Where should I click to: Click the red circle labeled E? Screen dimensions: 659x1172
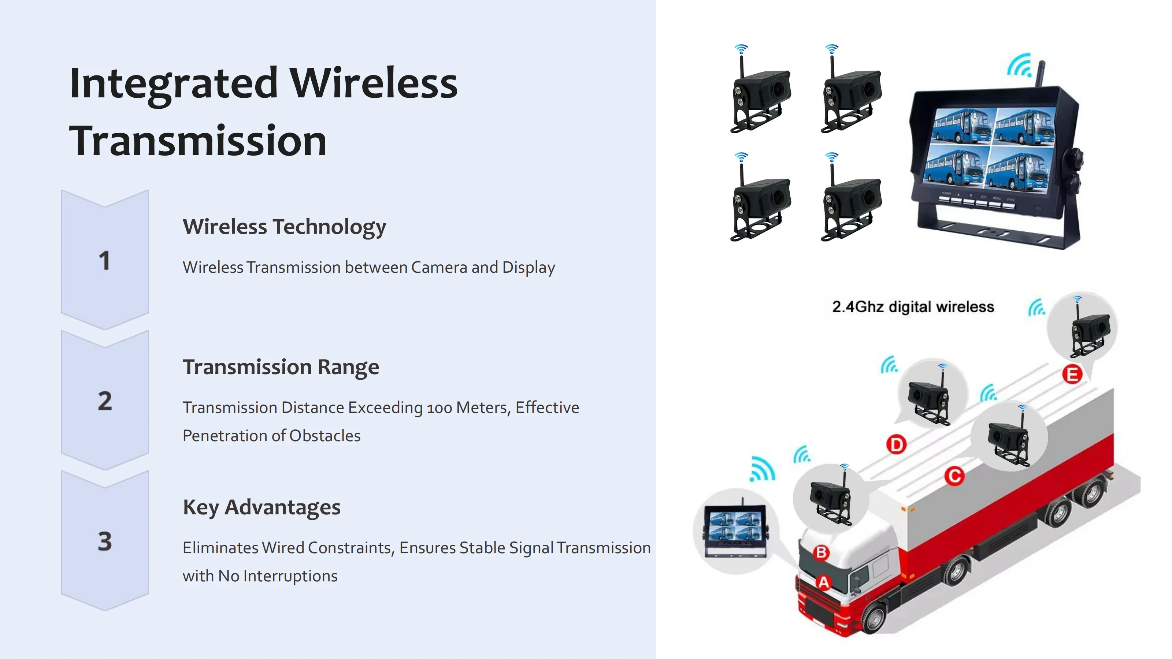1072,375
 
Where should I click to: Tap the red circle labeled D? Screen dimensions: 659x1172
896,444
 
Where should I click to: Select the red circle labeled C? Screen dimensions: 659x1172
954,476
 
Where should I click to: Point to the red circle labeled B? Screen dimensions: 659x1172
821,552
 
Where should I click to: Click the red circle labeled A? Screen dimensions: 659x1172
823,582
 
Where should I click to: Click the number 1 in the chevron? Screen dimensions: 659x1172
105,261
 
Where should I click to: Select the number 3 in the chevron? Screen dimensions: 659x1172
105,541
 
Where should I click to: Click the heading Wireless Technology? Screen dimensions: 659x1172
284,227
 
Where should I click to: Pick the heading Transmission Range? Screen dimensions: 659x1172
281,367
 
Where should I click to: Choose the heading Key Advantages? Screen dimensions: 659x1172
262,507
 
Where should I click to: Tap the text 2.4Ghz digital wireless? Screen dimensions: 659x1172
913,307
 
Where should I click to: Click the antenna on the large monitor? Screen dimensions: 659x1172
1040,75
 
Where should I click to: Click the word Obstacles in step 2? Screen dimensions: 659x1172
325,436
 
